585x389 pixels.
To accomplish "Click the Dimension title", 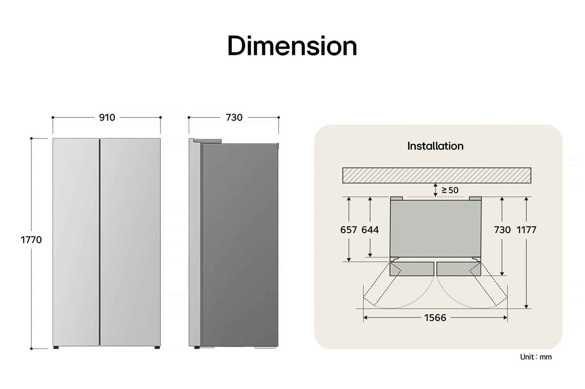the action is pyautogui.click(x=292, y=46).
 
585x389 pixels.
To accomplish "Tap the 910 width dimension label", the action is pyautogui.click(x=107, y=118).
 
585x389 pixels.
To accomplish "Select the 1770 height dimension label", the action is pyautogui.click(x=31, y=240).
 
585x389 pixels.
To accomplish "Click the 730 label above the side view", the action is pyautogui.click(x=234, y=118).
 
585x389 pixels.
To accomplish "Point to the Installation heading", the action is pyautogui.click(x=435, y=146).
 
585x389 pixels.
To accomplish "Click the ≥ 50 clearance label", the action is pyautogui.click(x=450, y=190).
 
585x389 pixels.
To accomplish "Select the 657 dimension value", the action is pyautogui.click(x=348, y=230).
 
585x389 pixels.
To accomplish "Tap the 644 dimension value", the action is pyautogui.click(x=370, y=230).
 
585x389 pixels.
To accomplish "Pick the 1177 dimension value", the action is pyautogui.click(x=526, y=230).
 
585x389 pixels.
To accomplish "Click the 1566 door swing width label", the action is pyautogui.click(x=435, y=318).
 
